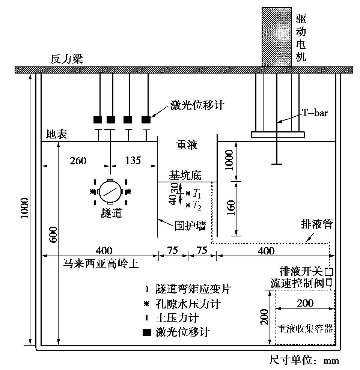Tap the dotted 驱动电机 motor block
276,37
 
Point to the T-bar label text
315,113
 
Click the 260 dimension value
78,161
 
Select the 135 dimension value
133,161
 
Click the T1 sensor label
197,194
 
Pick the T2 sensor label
197,205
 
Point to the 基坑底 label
185,175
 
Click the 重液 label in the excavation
187,145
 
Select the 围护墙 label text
190,226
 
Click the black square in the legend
148,332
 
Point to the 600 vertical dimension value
54,235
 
